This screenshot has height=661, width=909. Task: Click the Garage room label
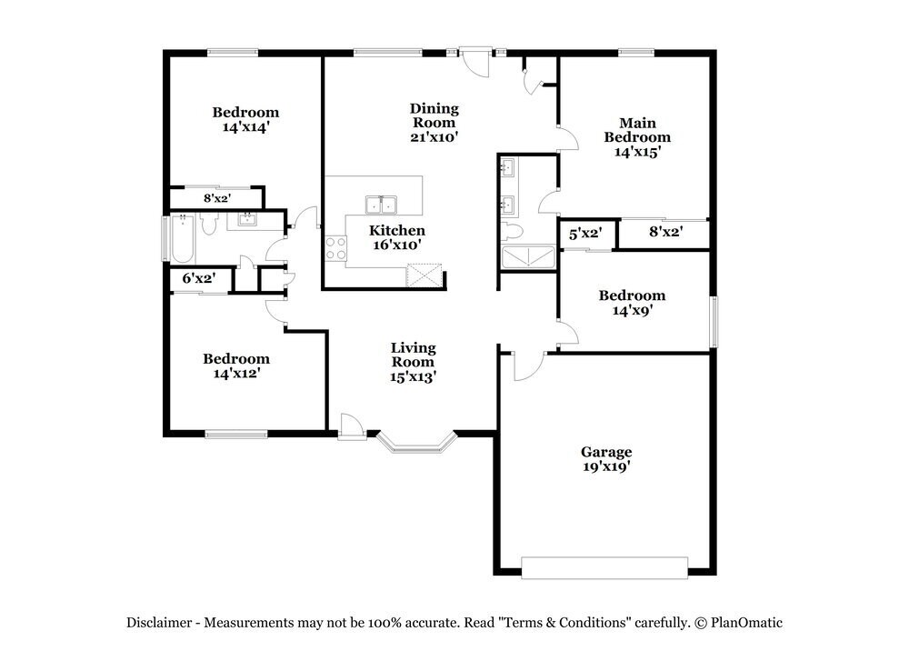pyautogui.click(x=606, y=452)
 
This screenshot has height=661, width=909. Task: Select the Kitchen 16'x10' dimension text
pyautogui.click(x=396, y=245)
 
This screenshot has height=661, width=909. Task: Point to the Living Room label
pyautogui.click(x=413, y=355)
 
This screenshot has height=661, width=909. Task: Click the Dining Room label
pyautogui.click(x=435, y=115)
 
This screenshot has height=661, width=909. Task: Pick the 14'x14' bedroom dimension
pyautogui.click(x=245, y=127)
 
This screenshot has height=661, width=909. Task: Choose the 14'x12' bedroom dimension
pyautogui.click(x=236, y=374)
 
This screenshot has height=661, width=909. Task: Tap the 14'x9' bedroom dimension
pyautogui.click(x=633, y=310)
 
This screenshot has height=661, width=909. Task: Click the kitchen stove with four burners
pyautogui.click(x=335, y=248)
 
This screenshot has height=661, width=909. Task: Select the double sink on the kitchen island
pyautogui.click(x=381, y=205)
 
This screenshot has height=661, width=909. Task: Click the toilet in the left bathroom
pyautogui.click(x=209, y=224)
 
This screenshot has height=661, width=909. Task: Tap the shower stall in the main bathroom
pyautogui.click(x=528, y=257)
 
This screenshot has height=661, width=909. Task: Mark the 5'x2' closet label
pyautogui.click(x=584, y=234)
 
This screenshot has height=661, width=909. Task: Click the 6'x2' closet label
pyautogui.click(x=199, y=278)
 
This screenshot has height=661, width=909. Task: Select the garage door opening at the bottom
pyautogui.click(x=604, y=567)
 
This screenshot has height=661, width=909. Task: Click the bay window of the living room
pyautogui.click(x=416, y=443)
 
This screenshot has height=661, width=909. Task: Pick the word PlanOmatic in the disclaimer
pyautogui.click(x=746, y=623)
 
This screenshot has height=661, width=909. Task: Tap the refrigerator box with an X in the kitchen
pyautogui.click(x=424, y=275)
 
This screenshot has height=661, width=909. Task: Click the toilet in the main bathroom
pyautogui.click(x=513, y=231)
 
